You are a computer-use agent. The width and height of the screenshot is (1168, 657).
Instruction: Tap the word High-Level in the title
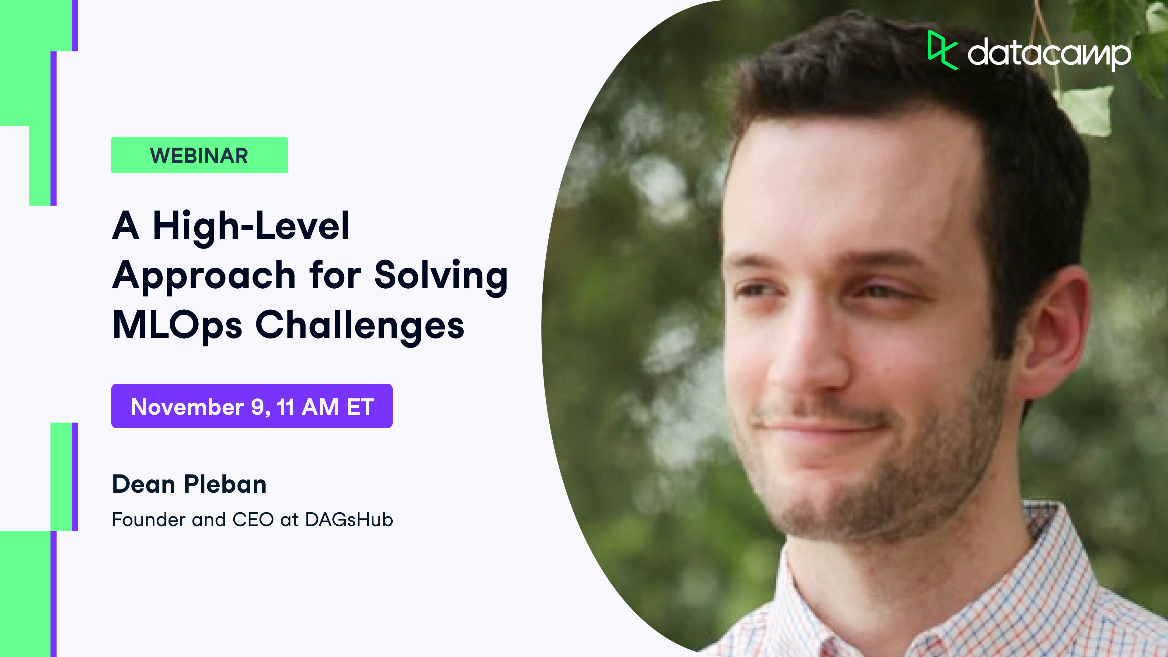(x=251, y=226)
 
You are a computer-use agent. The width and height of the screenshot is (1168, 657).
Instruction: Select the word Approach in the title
(x=204, y=276)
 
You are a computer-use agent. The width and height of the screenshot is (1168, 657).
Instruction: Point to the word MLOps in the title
(x=177, y=325)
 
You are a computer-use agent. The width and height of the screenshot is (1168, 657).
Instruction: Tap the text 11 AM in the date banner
(x=307, y=407)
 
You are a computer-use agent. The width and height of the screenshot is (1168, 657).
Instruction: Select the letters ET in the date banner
(x=360, y=407)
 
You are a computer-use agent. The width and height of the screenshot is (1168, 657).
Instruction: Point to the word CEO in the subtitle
(x=253, y=520)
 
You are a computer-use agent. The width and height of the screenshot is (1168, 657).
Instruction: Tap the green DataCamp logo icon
(x=941, y=50)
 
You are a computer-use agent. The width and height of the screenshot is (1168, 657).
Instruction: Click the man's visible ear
(x=1056, y=335)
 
